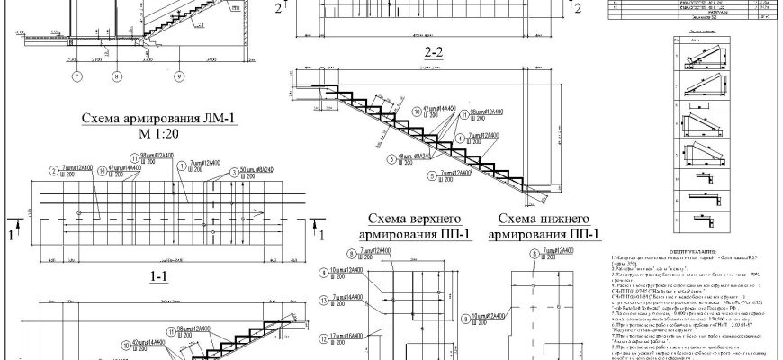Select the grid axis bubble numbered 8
coord(115,77)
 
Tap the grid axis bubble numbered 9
coord(179,77)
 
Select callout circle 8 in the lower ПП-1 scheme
coord(534,255)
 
